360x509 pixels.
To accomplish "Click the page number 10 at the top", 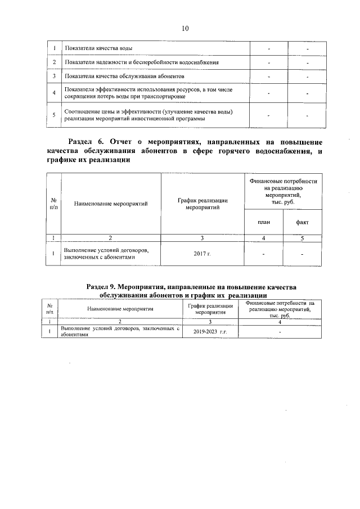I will pyautogui.click(x=185, y=28).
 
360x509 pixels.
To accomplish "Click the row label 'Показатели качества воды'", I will pyautogui.click(x=98, y=49).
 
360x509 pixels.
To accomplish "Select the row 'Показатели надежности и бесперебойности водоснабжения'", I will pyautogui.click(x=142, y=62).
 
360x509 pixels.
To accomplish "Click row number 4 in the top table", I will pyautogui.click(x=53, y=93).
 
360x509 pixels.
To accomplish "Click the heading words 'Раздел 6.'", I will pyautogui.click(x=87, y=141).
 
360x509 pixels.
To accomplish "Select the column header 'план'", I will pyautogui.click(x=263, y=222).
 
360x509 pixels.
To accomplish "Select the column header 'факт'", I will pyautogui.click(x=302, y=222).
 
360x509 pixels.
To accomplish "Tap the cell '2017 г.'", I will pyautogui.click(x=202, y=255).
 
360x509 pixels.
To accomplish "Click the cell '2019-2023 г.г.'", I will pyautogui.click(x=210, y=332).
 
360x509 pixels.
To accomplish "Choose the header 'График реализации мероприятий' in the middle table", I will pyautogui.click(x=202, y=204).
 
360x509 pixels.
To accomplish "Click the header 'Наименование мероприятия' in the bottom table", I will pyautogui.click(x=120, y=309).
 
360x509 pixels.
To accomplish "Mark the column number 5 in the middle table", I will pyautogui.click(x=302, y=237).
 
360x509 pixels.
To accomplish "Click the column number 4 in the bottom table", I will pyautogui.click(x=280, y=322).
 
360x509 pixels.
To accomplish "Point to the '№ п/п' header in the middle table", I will pyautogui.click(x=53, y=204).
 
